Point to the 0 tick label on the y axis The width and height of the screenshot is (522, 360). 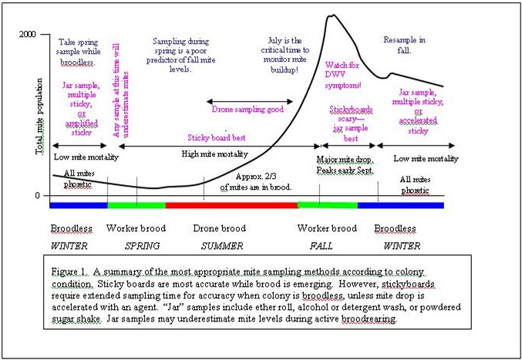(x=36, y=196)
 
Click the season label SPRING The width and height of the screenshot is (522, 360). (x=142, y=246)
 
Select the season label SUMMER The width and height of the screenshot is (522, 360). (x=222, y=246)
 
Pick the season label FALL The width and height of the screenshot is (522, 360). (x=322, y=246)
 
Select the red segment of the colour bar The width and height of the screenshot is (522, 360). (x=231, y=205)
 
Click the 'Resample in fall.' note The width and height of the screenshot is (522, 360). (x=404, y=44)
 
